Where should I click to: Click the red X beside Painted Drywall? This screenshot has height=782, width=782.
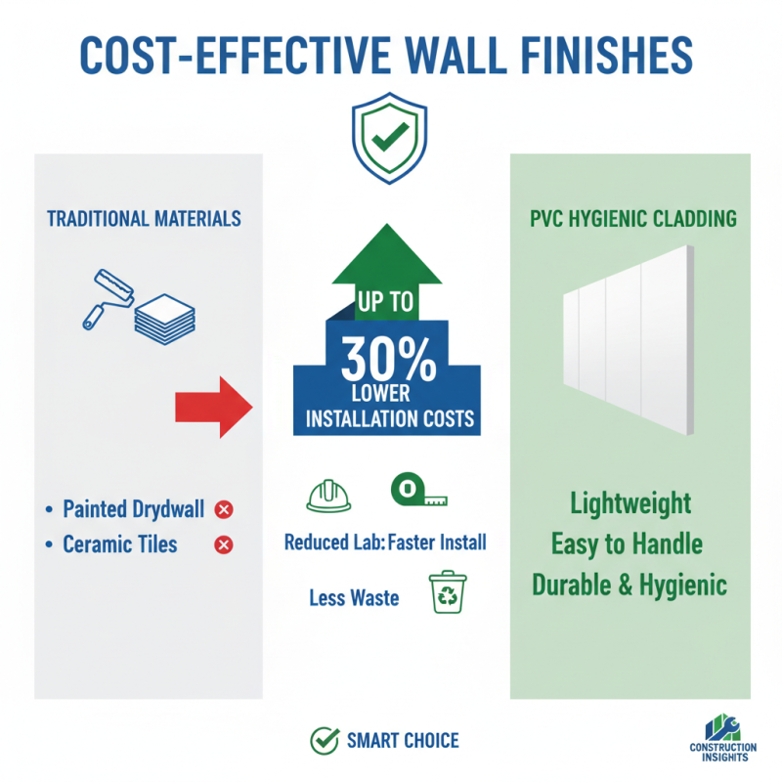coord(224,509)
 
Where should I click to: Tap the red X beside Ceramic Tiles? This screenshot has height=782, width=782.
coord(224,544)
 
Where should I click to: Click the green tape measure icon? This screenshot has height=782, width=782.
coord(417,493)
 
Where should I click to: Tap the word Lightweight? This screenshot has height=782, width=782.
coord(630,505)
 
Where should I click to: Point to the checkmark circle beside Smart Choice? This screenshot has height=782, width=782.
coord(324,741)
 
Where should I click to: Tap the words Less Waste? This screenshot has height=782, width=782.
coord(354,597)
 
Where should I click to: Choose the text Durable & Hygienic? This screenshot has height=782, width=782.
coord(630,586)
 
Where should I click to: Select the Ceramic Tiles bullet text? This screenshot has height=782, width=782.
coord(120,544)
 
